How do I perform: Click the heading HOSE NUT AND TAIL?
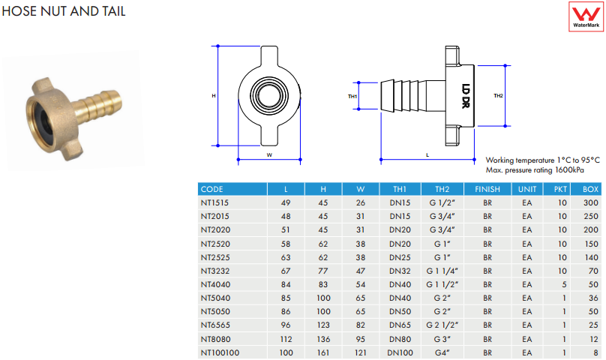tap(63, 11)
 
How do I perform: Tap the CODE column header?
tap(212, 190)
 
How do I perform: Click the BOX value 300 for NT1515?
tap(589, 203)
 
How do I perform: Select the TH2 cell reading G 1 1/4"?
tap(441, 271)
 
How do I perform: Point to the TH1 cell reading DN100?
tap(399, 352)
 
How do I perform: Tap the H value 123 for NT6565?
tap(324, 325)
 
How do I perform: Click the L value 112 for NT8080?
tap(286, 338)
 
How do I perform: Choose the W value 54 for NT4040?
tap(361, 284)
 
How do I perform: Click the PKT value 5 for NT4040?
tap(560, 284)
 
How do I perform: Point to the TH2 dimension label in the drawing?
tap(498, 96)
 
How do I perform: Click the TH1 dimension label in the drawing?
tap(352, 96)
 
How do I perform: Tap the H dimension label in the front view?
tap(214, 96)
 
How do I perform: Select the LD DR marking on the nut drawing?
tap(466, 96)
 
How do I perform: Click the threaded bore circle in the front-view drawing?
tap(268, 95)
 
